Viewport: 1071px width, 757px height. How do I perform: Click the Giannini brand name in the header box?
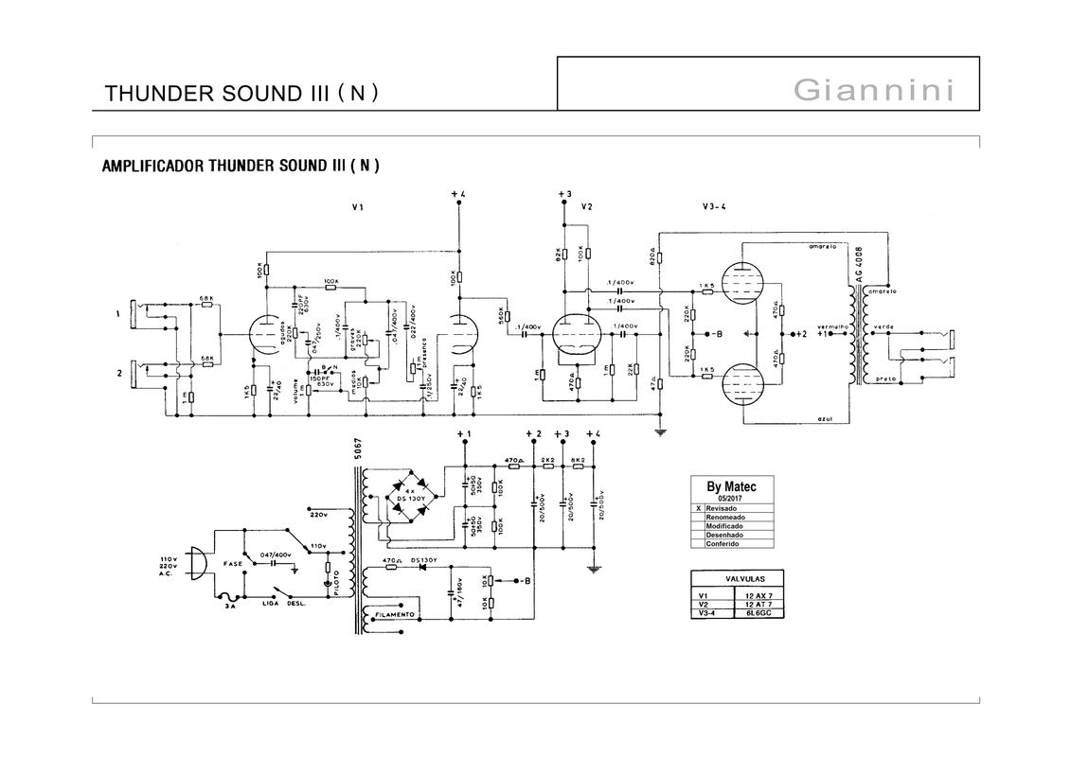pos(872,91)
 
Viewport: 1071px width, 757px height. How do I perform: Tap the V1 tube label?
pos(357,207)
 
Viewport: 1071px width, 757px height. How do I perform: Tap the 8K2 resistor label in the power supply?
pos(578,461)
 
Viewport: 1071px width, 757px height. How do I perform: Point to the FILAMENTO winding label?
pos(396,615)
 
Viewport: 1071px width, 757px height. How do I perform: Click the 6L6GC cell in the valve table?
pos(759,613)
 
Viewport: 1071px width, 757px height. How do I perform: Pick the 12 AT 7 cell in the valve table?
pos(759,604)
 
